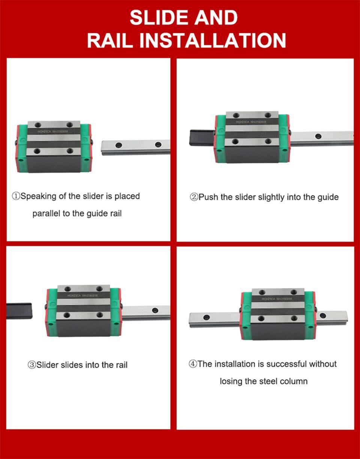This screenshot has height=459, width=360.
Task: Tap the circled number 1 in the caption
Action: point(16,196)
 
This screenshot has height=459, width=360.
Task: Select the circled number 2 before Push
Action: point(194,197)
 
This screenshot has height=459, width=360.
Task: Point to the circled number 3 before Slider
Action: point(32,365)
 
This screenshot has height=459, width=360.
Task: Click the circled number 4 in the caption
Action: point(193,364)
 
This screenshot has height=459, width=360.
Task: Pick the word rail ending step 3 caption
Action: point(121,365)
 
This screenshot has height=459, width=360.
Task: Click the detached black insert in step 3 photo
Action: point(19,311)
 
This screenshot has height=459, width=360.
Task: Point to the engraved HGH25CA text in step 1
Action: point(44,132)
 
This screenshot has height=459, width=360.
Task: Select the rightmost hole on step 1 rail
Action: point(158,144)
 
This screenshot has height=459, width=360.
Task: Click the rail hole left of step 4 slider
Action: point(206,317)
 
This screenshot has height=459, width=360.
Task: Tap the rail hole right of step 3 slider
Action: point(155,310)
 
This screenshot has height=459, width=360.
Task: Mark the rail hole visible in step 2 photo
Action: point(318,136)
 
